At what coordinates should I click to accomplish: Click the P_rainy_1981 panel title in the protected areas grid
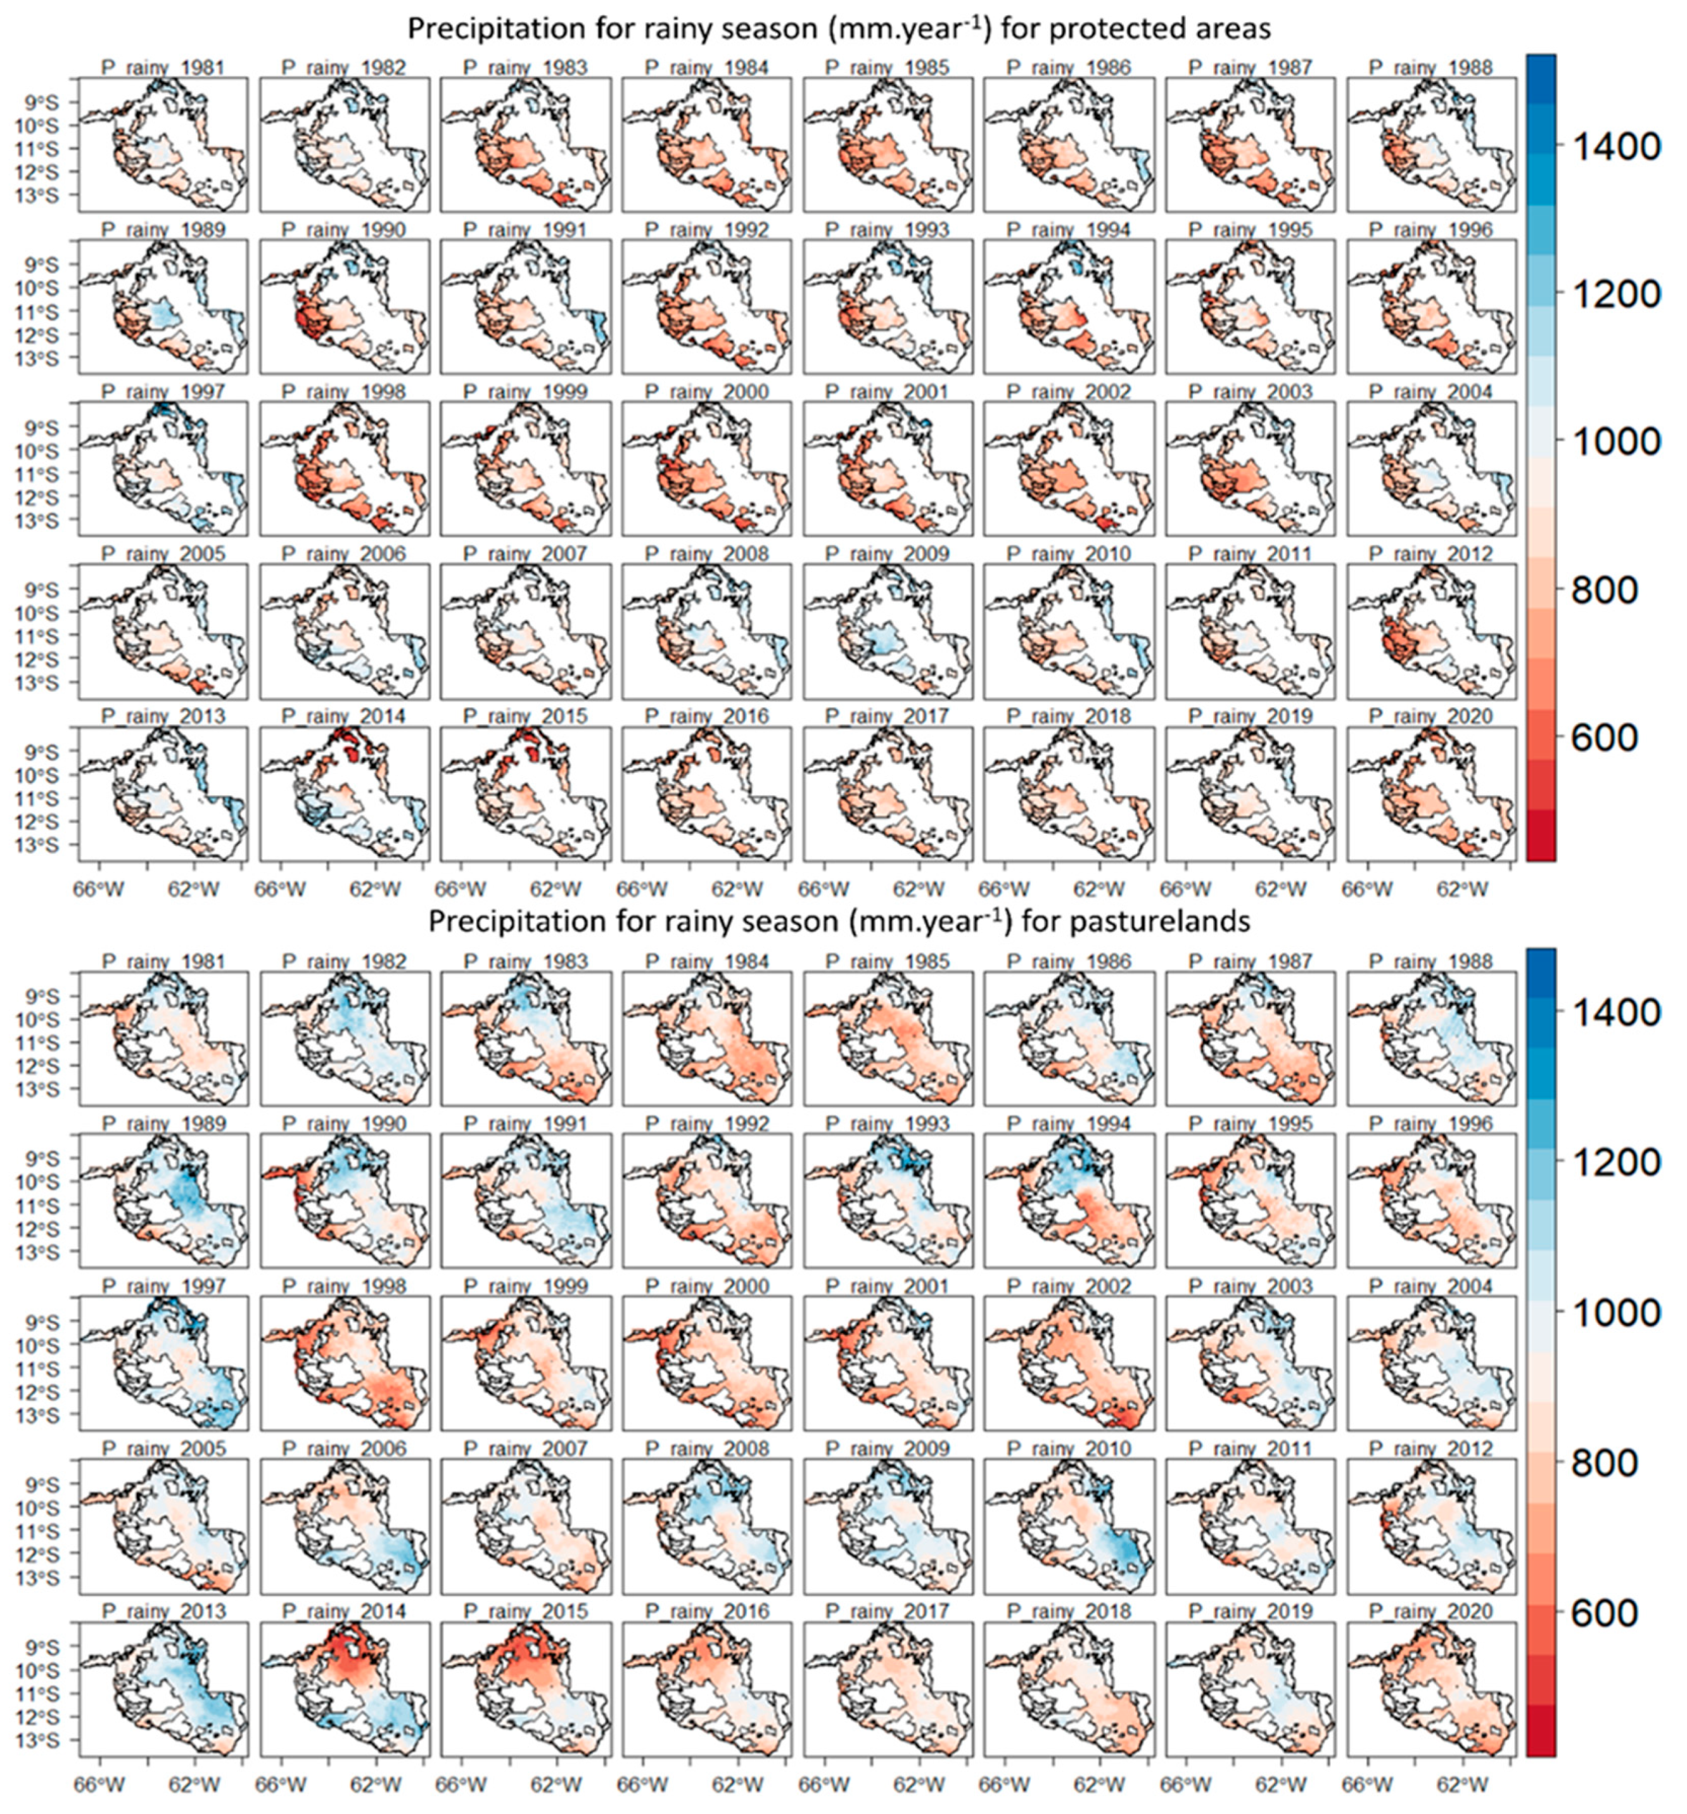pyautogui.click(x=162, y=68)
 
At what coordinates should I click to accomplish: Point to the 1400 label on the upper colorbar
pyautogui.click(x=1614, y=146)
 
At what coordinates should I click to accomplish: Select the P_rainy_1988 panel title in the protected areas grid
pyautogui.click(x=1430, y=68)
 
